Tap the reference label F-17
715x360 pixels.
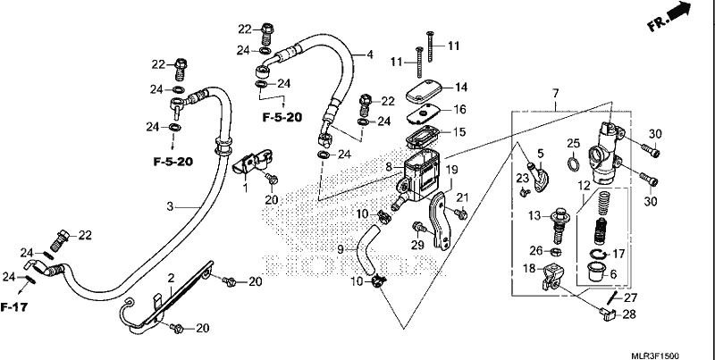[x=13, y=307]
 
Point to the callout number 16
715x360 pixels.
[x=460, y=109]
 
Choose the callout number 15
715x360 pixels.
[x=459, y=132]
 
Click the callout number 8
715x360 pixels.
[x=388, y=167]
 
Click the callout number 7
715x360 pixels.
[x=555, y=94]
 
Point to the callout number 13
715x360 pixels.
[x=534, y=215]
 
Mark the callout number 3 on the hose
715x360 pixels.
[x=170, y=207]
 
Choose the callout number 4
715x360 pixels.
[x=370, y=54]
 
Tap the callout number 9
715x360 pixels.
[x=341, y=249]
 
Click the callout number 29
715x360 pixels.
[x=417, y=245]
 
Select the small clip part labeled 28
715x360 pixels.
[x=609, y=314]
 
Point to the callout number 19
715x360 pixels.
[x=451, y=171]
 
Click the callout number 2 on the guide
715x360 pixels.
[x=171, y=278]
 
